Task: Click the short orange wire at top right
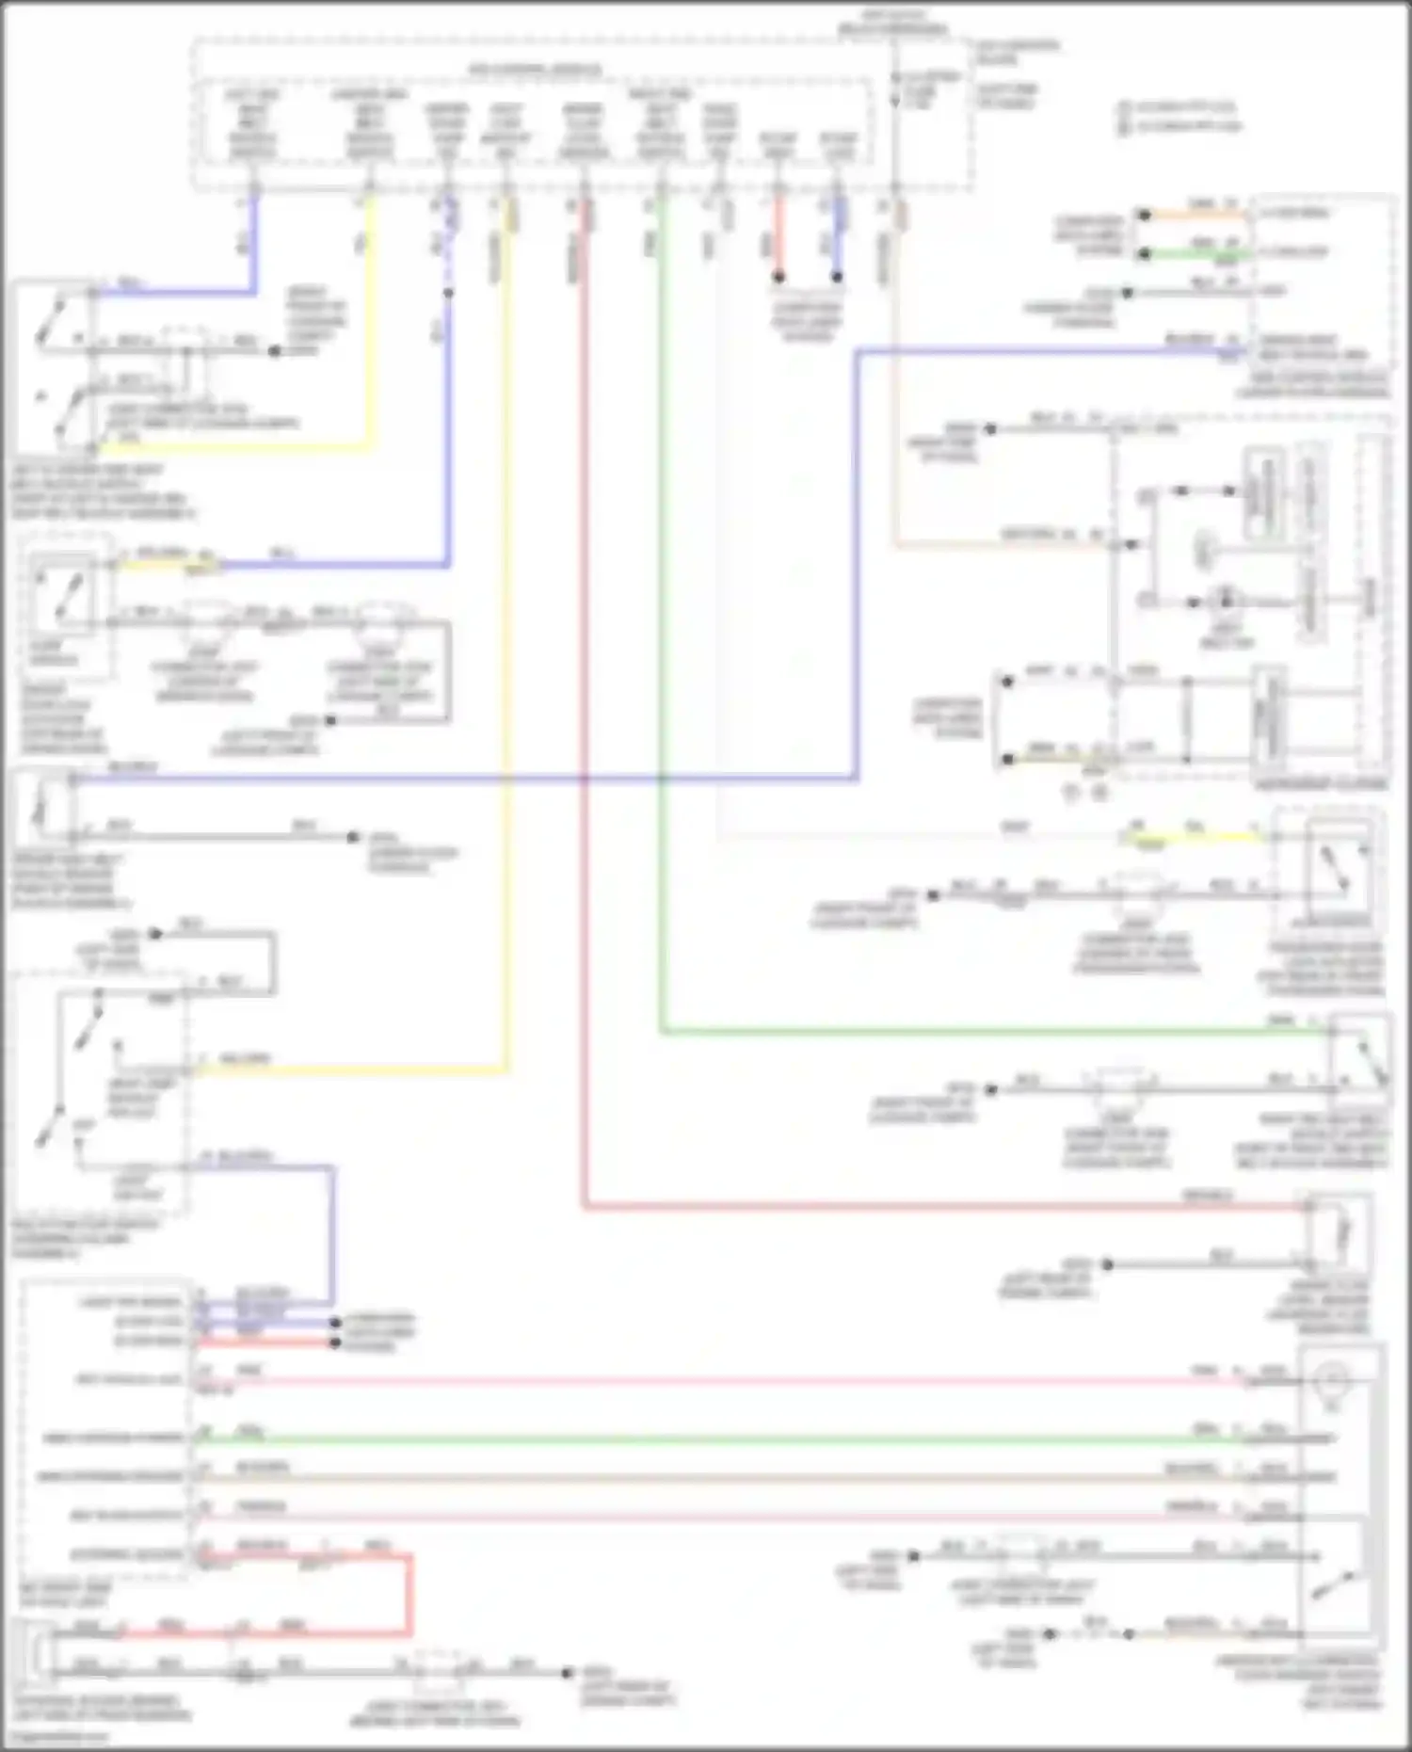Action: click(x=1195, y=216)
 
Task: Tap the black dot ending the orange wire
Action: click(x=1145, y=216)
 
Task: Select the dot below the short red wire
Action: click(x=778, y=278)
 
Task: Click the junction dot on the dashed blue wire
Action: click(x=448, y=293)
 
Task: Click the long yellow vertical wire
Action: click(x=506, y=659)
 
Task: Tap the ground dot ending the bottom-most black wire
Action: click(x=567, y=1673)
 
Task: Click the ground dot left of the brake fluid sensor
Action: click(x=1108, y=1264)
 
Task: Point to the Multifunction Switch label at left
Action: click(x=85, y=1239)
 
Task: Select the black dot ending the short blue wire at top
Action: click(x=836, y=278)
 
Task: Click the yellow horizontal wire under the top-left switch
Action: click(x=235, y=447)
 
